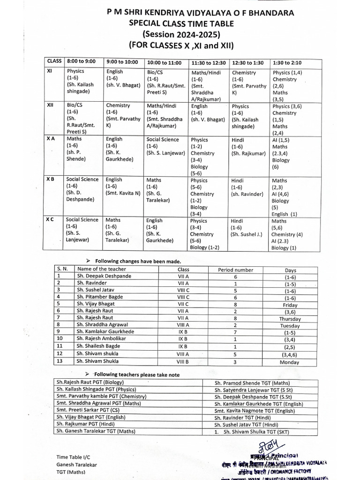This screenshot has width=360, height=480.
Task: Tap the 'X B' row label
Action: [x=51, y=179]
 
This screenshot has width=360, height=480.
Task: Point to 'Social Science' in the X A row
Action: [x=163, y=139]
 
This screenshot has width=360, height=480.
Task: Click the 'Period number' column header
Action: [x=235, y=270]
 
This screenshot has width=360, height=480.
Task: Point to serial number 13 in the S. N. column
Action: [x=59, y=361]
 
